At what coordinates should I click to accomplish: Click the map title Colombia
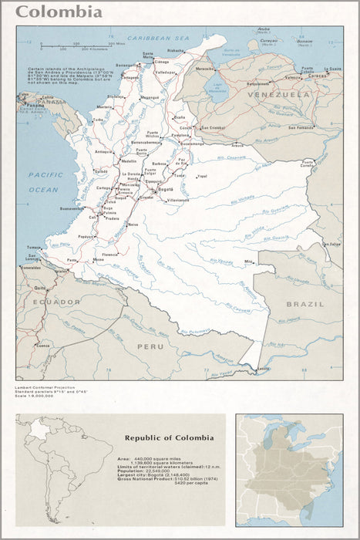[59, 12]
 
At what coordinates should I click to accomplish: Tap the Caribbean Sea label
[158, 37]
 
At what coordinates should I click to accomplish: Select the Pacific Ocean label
[43, 181]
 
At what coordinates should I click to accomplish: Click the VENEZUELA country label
[278, 95]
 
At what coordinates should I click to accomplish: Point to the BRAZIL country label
[305, 304]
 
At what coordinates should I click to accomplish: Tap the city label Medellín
[129, 161]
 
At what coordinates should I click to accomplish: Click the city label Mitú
[249, 262]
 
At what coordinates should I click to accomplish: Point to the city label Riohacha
[177, 50]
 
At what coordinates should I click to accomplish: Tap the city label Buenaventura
[72, 208]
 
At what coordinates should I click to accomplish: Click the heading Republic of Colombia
[169, 437]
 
